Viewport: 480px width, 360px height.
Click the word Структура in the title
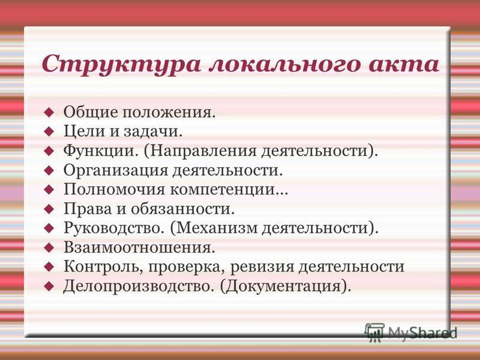121,65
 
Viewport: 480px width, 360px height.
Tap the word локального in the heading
284,64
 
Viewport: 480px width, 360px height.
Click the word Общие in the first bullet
91,112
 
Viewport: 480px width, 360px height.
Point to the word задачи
153,131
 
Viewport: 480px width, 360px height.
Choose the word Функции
99,151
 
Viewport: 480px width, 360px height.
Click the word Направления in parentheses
203,151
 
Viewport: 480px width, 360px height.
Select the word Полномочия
114,190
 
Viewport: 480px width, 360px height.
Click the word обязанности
182,209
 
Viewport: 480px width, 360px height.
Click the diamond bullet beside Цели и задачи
49,131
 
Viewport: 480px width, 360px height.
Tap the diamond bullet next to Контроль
49,267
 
